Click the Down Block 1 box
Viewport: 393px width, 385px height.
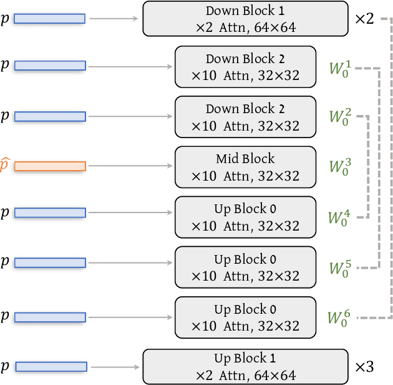(x=245, y=19)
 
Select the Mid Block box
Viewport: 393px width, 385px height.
(x=245, y=167)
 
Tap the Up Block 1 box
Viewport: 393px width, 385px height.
(x=245, y=367)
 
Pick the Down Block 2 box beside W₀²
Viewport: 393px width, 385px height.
(x=245, y=117)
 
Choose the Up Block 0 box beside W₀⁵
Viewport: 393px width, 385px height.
(x=245, y=267)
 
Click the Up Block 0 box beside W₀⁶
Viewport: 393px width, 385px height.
(x=245, y=317)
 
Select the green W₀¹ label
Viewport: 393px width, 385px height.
(x=340, y=66)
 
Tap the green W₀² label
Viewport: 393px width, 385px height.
(x=340, y=116)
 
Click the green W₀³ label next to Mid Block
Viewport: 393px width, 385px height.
(x=340, y=166)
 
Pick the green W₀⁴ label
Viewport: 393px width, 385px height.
(x=340, y=217)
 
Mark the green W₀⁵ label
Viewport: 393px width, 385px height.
(x=340, y=267)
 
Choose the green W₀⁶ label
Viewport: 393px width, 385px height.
(x=340, y=317)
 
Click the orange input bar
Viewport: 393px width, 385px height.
(x=49, y=166)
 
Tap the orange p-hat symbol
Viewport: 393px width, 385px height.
(x=6, y=165)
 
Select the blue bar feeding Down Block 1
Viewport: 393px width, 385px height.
(x=49, y=19)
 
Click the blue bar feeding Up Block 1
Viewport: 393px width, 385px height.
(x=49, y=367)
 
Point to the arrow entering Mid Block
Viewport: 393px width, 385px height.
(x=131, y=166)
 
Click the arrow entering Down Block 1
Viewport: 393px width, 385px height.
(x=114, y=19)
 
